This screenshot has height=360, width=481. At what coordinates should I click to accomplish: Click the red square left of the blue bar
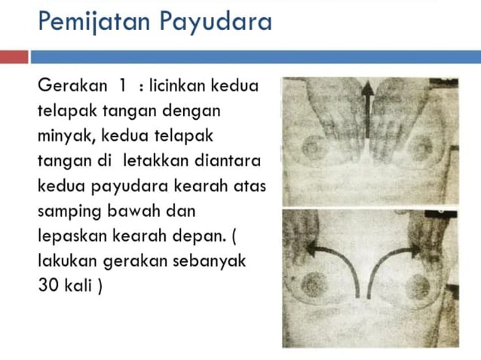[14, 56]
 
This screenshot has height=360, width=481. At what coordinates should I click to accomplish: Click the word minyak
[62, 136]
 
